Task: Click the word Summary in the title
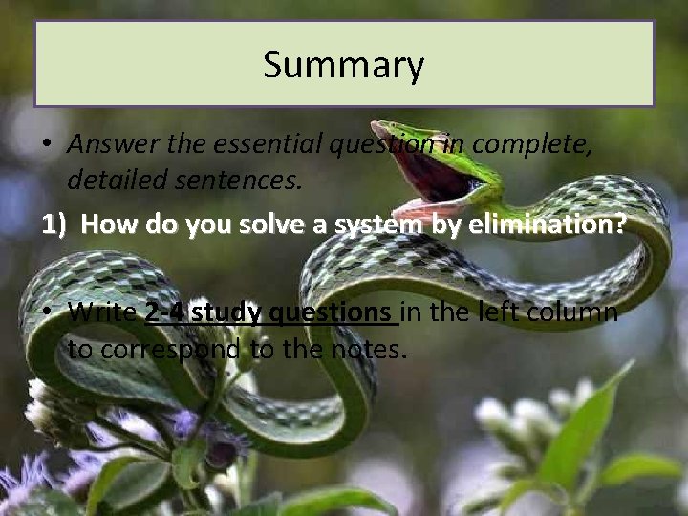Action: tap(343, 65)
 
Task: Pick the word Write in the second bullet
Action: tap(102, 312)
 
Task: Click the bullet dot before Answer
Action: tap(47, 145)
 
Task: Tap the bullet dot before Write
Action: tap(47, 312)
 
